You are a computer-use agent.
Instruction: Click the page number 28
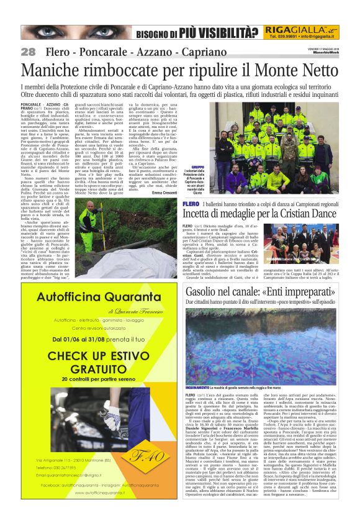28,52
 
